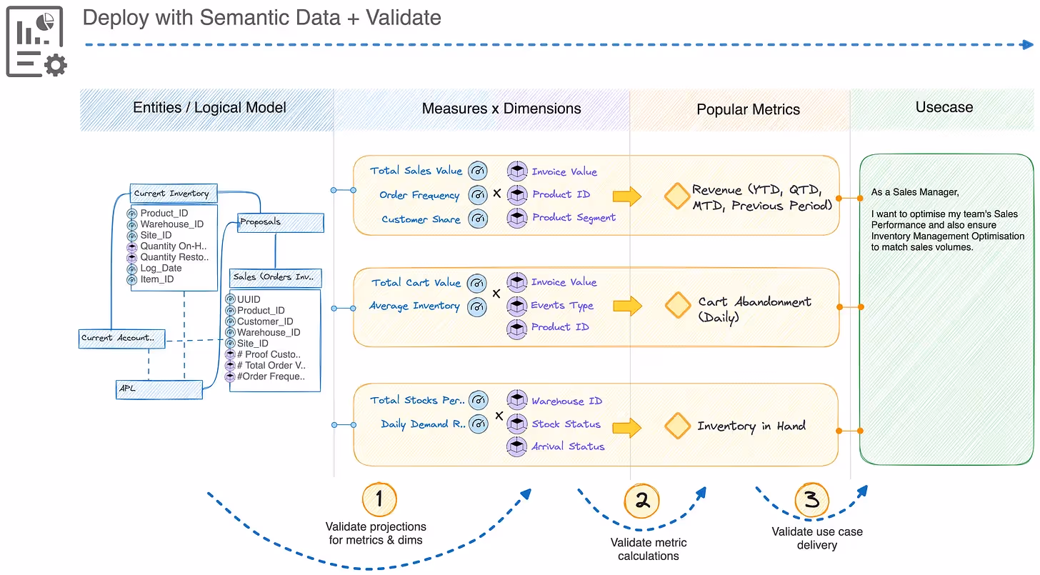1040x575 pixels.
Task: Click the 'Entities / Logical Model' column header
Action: click(x=209, y=107)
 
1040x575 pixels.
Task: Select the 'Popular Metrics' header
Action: click(x=748, y=109)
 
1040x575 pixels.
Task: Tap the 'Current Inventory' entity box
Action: click(x=174, y=194)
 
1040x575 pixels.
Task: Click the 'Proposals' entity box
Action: click(x=281, y=222)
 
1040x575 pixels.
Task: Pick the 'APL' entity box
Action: click(x=159, y=389)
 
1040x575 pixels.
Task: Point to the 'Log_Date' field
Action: click(x=161, y=268)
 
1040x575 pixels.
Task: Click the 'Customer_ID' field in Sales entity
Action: click(x=264, y=321)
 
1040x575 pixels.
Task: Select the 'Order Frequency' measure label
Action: click(x=419, y=195)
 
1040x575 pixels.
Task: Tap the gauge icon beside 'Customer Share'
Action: click(x=478, y=219)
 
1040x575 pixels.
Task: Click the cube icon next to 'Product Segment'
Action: click(x=516, y=217)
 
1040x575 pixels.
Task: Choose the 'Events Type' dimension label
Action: click(x=561, y=305)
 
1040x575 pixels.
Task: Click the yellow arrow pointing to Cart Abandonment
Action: click(x=627, y=306)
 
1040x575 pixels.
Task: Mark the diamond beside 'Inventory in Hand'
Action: click(x=677, y=426)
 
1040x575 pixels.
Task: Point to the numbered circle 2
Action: click(x=641, y=501)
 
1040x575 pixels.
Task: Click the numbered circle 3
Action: click(x=811, y=500)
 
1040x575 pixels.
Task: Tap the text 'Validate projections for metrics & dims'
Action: click(x=376, y=533)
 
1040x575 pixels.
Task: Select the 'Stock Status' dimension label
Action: click(x=566, y=424)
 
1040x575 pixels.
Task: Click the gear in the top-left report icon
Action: click(x=56, y=65)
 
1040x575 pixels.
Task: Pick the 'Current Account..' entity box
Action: click(x=121, y=339)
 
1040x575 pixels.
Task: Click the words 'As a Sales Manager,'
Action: click(x=914, y=192)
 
